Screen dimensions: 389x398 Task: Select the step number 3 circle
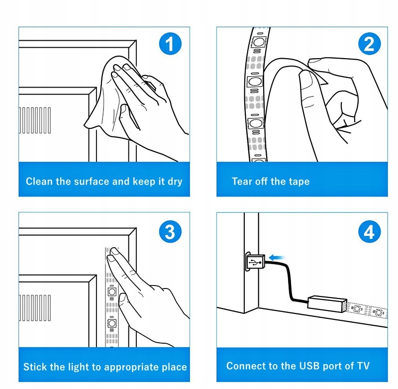170,232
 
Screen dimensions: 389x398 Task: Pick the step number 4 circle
369,232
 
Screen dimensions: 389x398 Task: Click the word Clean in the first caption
39,181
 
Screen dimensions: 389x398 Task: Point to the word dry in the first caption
175,182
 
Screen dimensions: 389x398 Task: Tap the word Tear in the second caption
242,181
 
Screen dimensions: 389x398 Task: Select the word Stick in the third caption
36,367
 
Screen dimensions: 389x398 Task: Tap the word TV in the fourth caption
363,366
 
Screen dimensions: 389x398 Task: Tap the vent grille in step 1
35,120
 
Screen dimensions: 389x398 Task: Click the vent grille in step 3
35,307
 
